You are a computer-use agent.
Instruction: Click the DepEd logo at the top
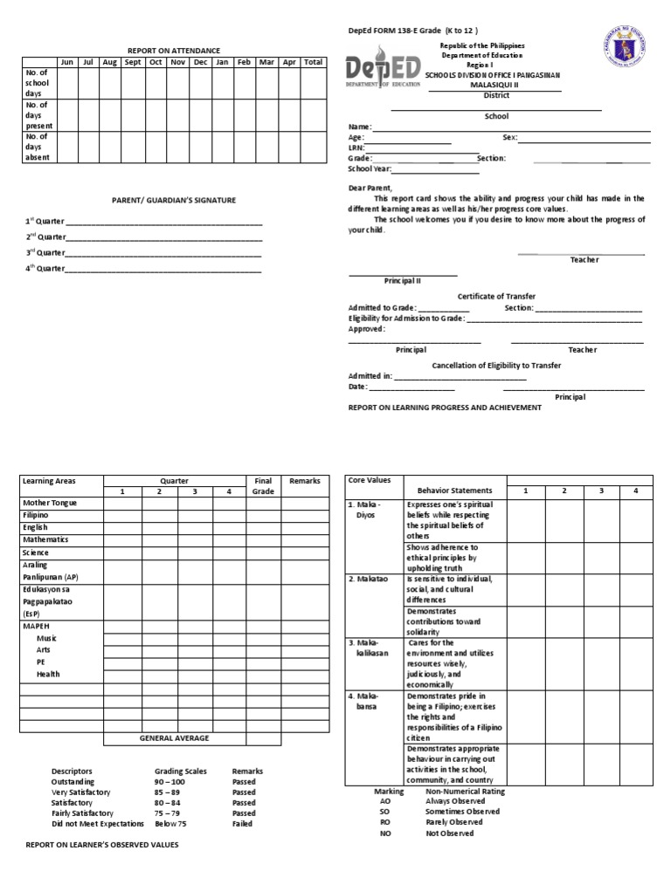click(384, 71)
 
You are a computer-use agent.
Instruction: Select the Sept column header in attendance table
click(133, 62)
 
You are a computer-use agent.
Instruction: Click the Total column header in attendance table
click(313, 62)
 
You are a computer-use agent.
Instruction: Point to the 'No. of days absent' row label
click(38, 147)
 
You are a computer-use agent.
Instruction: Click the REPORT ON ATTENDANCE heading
click(174, 51)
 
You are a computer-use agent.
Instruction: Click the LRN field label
click(356, 148)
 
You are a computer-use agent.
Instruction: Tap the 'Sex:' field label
click(510, 138)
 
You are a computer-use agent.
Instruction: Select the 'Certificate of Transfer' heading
click(496, 296)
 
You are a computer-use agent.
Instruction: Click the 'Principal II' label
click(403, 281)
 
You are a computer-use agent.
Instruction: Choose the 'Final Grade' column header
click(263, 486)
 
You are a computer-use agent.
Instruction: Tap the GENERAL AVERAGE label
click(174, 737)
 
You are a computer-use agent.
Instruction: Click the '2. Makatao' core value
click(368, 579)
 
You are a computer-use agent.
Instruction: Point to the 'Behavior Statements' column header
click(455, 490)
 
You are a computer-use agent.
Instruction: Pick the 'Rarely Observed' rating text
click(453, 822)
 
